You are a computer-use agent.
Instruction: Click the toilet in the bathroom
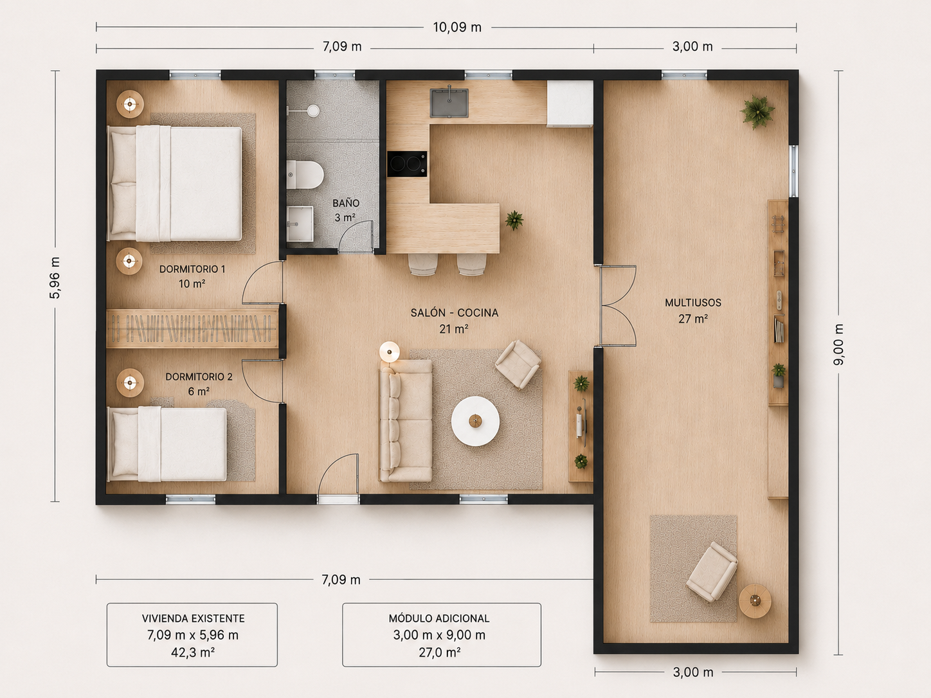pyautogui.click(x=305, y=174)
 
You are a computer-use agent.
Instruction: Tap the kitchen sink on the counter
pyautogui.click(x=449, y=103)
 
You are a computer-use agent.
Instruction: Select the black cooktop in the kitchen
pyautogui.click(x=407, y=164)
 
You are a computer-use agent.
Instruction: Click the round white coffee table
pyautogui.click(x=475, y=421)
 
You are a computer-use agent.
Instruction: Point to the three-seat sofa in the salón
pyautogui.click(x=406, y=421)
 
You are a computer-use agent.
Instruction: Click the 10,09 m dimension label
pyautogui.click(x=457, y=28)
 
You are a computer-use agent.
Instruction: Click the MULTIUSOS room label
pyautogui.click(x=693, y=303)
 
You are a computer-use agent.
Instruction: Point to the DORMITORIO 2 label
pyautogui.click(x=199, y=377)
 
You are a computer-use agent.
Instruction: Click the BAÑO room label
pyautogui.click(x=346, y=203)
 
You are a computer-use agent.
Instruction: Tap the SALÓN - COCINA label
pyautogui.click(x=455, y=313)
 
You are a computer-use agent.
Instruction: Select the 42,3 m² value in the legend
pyautogui.click(x=192, y=652)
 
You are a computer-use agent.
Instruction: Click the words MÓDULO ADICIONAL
pyautogui.click(x=439, y=618)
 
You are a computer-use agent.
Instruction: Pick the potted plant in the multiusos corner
pyautogui.click(x=757, y=112)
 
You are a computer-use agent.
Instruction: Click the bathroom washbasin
pyautogui.click(x=300, y=223)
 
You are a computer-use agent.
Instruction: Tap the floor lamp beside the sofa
pyautogui.click(x=390, y=352)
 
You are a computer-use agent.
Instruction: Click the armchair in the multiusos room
pyautogui.click(x=712, y=571)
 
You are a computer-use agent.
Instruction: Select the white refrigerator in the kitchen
pyautogui.click(x=570, y=103)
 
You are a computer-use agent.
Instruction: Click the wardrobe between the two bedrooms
pyautogui.click(x=192, y=328)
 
